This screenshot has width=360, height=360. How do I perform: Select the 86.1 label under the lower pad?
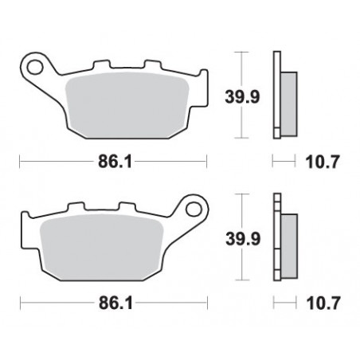click(115, 304)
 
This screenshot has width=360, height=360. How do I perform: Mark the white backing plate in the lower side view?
click(277, 239)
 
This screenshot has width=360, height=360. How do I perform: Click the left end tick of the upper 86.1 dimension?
click(20, 162)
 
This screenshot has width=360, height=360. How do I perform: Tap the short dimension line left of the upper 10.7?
click(284, 162)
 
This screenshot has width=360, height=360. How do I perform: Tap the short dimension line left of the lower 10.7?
click(284, 304)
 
